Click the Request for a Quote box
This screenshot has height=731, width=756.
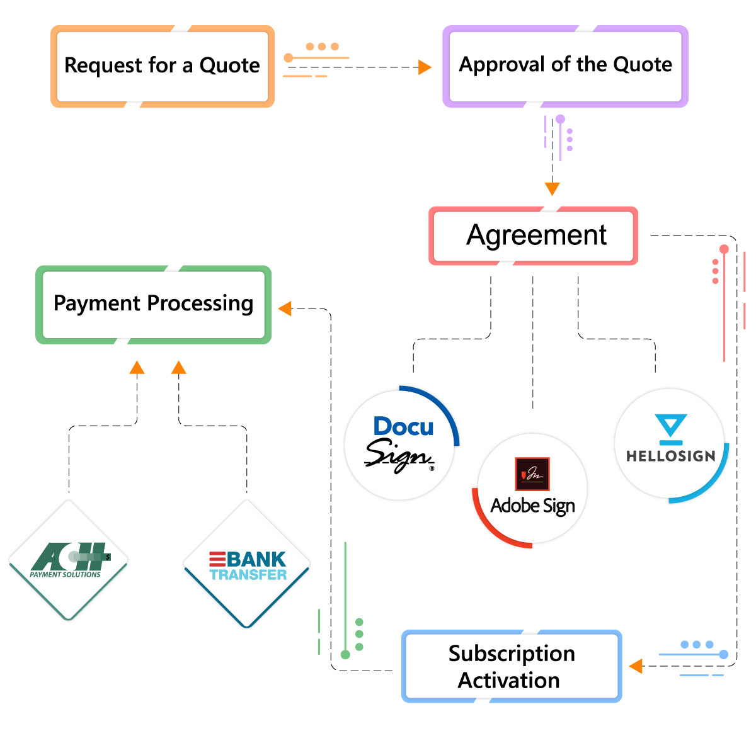(162, 66)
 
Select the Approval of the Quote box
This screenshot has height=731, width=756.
(565, 65)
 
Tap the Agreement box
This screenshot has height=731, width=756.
(533, 235)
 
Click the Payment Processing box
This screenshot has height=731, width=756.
(153, 304)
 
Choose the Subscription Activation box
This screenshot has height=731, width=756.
(511, 666)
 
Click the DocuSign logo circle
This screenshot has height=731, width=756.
(400, 445)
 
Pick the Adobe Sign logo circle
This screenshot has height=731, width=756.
(532, 489)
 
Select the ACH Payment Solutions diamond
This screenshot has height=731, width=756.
(68, 560)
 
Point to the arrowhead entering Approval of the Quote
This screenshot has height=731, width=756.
(425, 67)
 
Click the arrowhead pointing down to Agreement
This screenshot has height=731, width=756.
(552, 188)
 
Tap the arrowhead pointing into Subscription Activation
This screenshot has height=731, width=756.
(636, 666)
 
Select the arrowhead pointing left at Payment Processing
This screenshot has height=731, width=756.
(285, 309)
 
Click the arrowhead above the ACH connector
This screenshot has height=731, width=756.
(137, 368)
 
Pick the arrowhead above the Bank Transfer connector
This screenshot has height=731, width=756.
(179, 368)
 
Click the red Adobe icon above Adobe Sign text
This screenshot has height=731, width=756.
(532, 473)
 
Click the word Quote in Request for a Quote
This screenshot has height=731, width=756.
(229, 65)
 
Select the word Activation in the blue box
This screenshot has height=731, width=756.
(508, 681)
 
